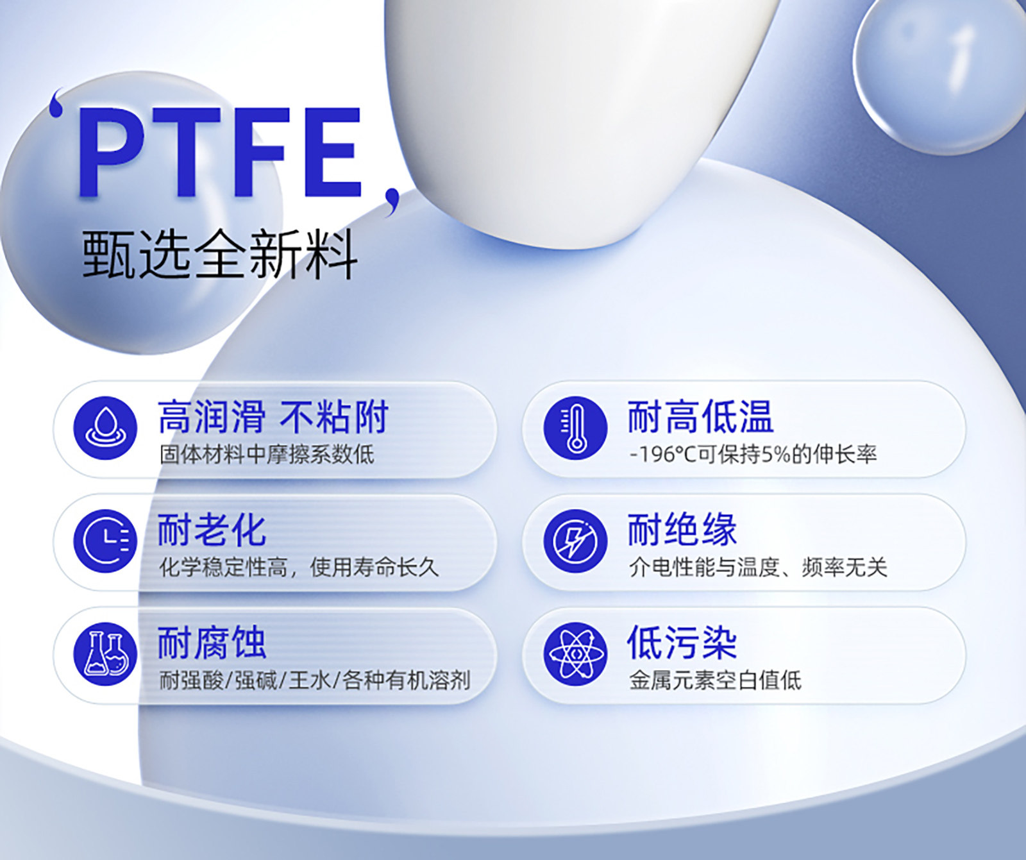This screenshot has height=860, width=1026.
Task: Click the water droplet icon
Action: pos(105,428)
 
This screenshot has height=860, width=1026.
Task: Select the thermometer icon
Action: pos(575,428)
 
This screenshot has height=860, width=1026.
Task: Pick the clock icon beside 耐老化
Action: pos(105,541)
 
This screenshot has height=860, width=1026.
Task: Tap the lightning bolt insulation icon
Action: pos(575,541)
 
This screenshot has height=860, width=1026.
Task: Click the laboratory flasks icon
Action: pos(105,654)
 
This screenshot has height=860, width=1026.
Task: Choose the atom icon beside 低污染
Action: pos(575,654)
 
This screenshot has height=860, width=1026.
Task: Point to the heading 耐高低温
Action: pos(701,417)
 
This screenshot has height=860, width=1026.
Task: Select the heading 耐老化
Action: pos(212,530)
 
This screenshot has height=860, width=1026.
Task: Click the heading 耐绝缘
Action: pos(682,530)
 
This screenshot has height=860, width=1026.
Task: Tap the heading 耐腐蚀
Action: pos(212,643)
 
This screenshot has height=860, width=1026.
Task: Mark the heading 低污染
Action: pos(682,643)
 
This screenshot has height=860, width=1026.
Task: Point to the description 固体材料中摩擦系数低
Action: pos(267,455)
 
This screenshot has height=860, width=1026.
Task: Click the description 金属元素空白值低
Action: pos(715,680)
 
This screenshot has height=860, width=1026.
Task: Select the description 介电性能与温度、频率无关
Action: pos(758,568)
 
